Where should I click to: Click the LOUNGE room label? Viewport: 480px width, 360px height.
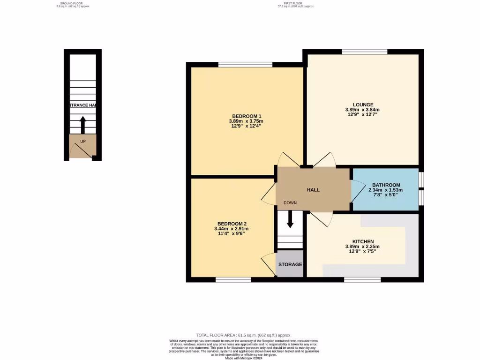[363, 105]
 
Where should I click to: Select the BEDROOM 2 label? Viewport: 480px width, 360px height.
[232, 224]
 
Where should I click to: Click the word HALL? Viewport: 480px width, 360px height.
[313, 190]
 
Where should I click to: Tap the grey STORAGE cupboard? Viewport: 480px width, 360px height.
[290, 264]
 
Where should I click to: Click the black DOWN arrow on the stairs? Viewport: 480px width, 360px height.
[290, 219]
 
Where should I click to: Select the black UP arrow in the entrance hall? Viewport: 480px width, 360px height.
[83, 125]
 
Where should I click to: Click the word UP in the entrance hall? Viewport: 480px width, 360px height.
[83, 141]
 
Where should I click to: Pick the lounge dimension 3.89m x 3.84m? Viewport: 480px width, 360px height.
[363, 110]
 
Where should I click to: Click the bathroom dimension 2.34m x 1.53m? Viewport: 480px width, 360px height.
[386, 190]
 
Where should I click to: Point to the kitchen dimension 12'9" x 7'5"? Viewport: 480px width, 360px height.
[363, 251]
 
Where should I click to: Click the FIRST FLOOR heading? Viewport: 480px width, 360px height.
[295, 3]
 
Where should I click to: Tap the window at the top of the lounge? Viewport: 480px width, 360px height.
[364, 52]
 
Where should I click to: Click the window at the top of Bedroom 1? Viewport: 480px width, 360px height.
[245, 65]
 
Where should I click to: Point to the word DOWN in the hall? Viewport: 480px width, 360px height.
[290, 202]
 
